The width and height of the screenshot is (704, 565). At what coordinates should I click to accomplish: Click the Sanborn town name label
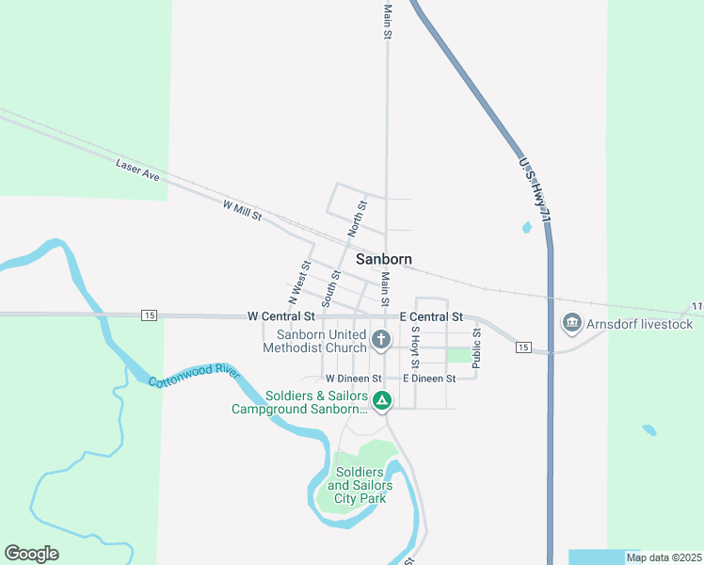point(383,259)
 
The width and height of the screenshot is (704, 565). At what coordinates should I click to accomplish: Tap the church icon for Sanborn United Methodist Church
point(381,340)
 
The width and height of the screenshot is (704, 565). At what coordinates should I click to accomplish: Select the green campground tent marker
point(381,401)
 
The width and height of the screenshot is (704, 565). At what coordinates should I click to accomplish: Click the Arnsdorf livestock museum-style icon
point(571,324)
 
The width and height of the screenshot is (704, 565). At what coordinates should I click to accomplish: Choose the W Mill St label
point(242,210)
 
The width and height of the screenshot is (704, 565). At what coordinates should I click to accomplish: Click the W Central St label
point(280,316)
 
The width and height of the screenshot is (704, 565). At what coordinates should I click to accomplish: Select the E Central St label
point(431,316)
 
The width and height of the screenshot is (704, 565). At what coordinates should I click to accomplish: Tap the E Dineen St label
point(428,378)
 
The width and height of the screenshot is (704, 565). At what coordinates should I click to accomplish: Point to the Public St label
point(477,347)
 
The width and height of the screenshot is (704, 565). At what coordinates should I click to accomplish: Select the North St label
point(357,218)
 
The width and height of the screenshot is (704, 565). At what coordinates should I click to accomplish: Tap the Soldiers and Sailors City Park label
point(359,484)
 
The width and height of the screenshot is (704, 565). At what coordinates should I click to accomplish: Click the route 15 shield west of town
point(149,315)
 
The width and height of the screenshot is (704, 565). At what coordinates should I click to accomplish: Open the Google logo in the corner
point(31,554)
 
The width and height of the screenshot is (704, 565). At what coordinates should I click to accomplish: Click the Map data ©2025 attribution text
point(664,557)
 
